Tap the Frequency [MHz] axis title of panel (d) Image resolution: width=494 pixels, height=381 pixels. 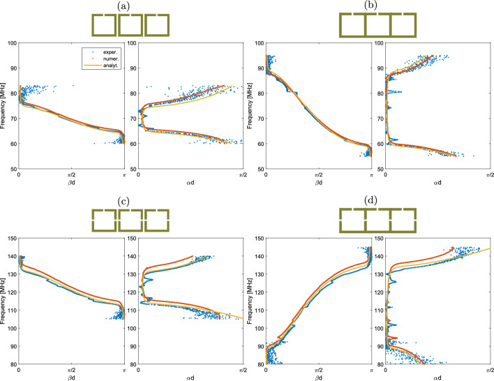[252, 301]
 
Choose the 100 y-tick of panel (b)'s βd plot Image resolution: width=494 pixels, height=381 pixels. [259, 43]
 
